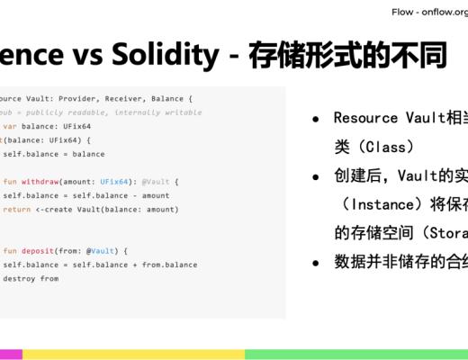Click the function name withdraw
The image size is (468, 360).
click(x=45, y=182)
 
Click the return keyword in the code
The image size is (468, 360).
click(x=16, y=209)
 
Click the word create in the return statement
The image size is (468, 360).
click(x=60, y=209)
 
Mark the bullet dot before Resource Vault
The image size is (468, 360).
click(x=316, y=119)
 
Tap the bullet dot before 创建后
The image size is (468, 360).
click(x=316, y=175)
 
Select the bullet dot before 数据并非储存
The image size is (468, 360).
click(x=316, y=263)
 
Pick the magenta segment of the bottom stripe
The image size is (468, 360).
click(x=11, y=354)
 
